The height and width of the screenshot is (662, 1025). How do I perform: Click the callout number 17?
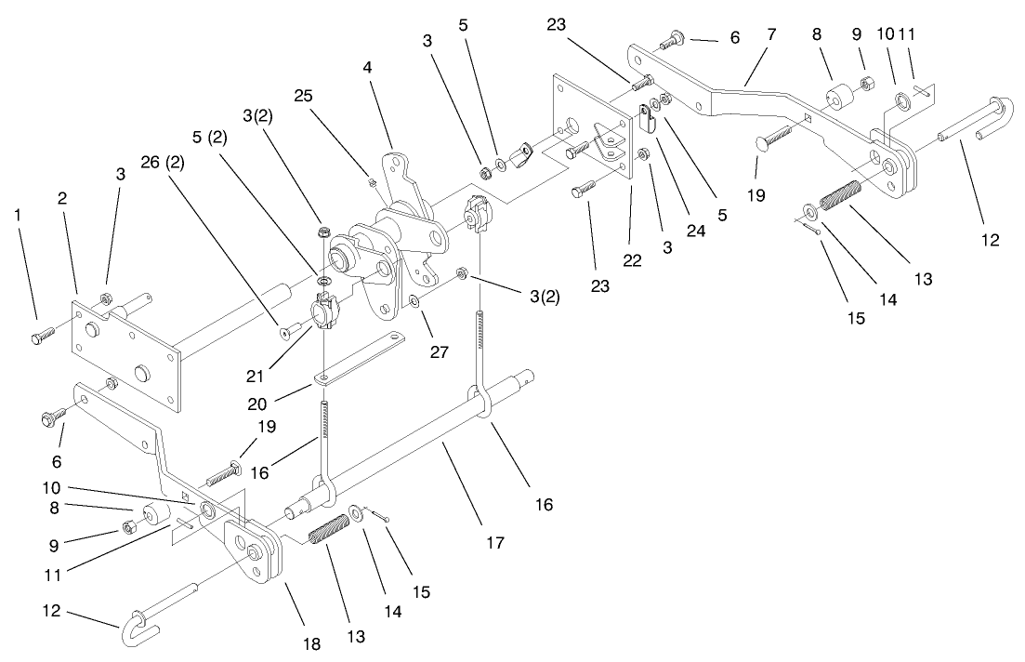click(494, 541)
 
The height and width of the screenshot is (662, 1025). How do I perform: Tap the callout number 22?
click(633, 261)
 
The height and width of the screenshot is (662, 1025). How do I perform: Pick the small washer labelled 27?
click(414, 301)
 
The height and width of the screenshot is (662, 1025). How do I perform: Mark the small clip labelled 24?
click(648, 118)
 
